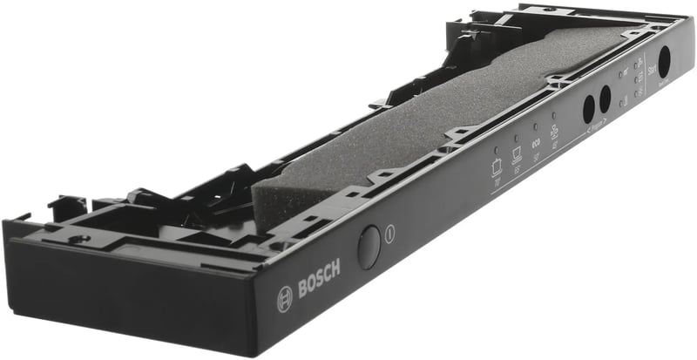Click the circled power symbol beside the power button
389,234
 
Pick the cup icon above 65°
517,155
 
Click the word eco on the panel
536,144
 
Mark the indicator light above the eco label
534,126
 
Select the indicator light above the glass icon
553,115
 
